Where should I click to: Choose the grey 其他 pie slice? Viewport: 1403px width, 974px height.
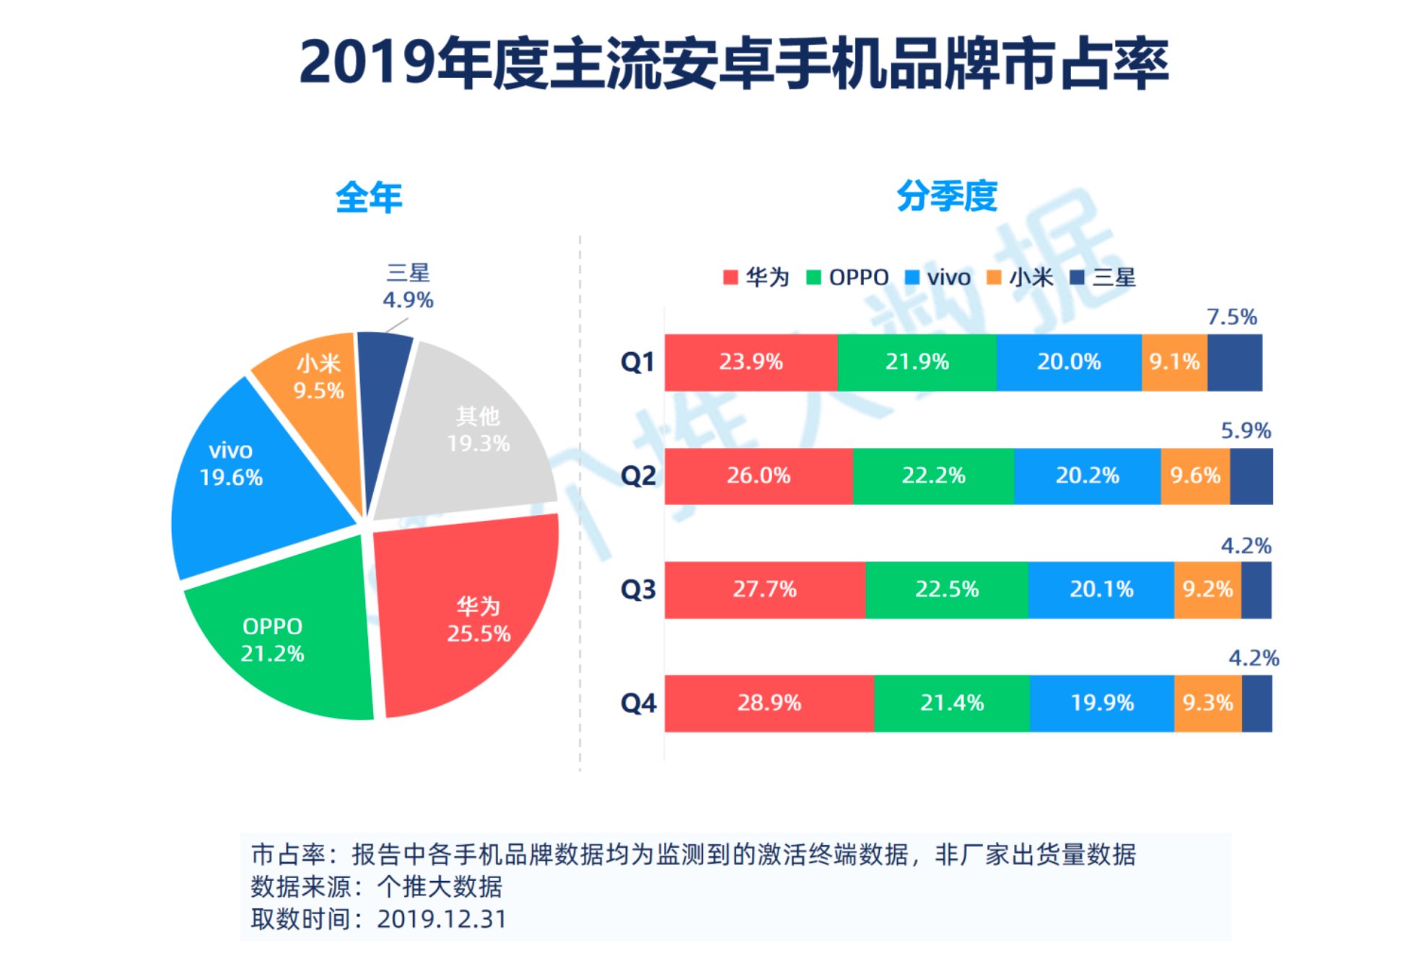(x=469, y=433)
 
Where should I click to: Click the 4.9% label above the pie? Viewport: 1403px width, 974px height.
(x=408, y=300)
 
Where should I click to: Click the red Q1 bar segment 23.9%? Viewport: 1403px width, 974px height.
(x=751, y=362)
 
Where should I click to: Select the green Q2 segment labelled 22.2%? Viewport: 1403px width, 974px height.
(x=932, y=476)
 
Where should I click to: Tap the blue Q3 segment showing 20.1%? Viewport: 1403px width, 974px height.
(x=1101, y=589)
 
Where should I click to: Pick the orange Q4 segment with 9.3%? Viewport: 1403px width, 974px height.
(x=1207, y=703)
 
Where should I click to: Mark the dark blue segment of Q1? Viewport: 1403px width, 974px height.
(x=1234, y=362)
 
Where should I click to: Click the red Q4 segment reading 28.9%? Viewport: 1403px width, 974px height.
(x=769, y=703)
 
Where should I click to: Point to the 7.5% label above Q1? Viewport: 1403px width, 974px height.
(x=1231, y=317)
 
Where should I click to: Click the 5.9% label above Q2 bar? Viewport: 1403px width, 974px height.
(x=1245, y=431)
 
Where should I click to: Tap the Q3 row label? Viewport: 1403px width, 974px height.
(x=638, y=589)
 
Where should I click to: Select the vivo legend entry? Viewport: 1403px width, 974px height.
(x=938, y=277)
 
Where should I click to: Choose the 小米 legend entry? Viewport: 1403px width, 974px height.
(x=1020, y=277)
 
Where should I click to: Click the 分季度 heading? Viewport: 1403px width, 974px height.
(x=946, y=196)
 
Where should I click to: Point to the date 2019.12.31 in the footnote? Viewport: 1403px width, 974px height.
(x=441, y=919)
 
